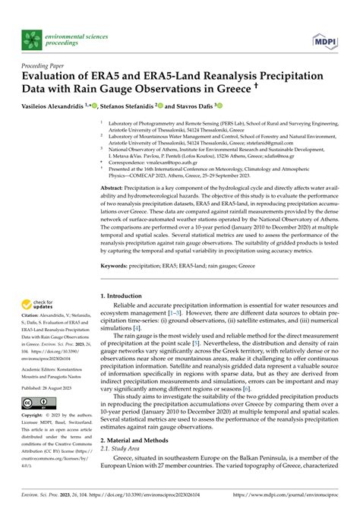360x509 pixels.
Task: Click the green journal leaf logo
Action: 32,38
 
